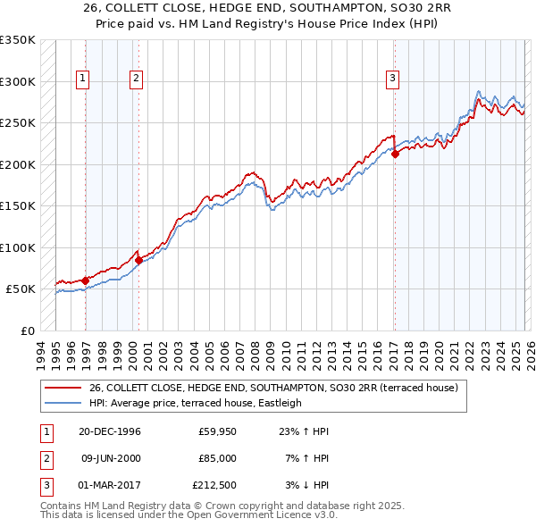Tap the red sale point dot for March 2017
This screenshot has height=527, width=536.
(394, 154)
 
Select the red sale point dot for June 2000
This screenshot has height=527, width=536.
(138, 260)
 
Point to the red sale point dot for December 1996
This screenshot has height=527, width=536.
(86, 280)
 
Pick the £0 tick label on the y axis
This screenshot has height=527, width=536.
(26, 330)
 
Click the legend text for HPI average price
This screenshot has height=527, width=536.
(196, 403)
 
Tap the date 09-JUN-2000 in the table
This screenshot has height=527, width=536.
(111, 457)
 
